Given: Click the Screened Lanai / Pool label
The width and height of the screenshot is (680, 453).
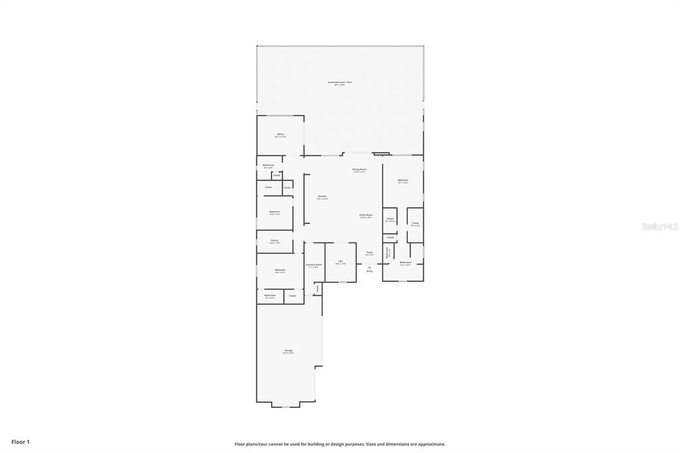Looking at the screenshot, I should (339, 82).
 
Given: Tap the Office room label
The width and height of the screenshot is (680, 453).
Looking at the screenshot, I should (280, 134).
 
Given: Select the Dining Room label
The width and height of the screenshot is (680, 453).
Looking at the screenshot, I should (359, 169).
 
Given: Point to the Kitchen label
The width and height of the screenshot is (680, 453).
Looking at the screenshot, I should (322, 196).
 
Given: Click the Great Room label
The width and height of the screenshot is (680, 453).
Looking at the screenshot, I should (366, 215).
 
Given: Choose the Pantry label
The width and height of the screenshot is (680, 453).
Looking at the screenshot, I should (274, 240).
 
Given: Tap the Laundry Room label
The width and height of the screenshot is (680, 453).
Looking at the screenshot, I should (314, 264).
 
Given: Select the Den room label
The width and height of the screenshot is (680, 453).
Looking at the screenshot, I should (340, 261).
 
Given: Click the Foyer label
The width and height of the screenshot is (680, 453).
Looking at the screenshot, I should (369, 252).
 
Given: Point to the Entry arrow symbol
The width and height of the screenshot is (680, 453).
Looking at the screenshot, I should (369, 266).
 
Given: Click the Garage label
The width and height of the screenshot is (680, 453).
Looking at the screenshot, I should (288, 350).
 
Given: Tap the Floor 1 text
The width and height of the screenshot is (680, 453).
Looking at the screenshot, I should (21, 442).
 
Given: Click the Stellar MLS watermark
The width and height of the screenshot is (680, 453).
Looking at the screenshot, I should (659, 226).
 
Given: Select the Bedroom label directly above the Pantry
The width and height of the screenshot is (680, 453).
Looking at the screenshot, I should (274, 212).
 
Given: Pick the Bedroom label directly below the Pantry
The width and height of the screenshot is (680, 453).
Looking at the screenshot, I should (280, 270).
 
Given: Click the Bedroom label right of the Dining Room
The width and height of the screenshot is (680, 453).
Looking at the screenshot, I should (402, 180).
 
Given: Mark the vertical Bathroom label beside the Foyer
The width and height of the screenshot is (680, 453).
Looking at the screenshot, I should (388, 252).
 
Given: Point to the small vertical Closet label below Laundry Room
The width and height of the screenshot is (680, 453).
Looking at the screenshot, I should (317, 288).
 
